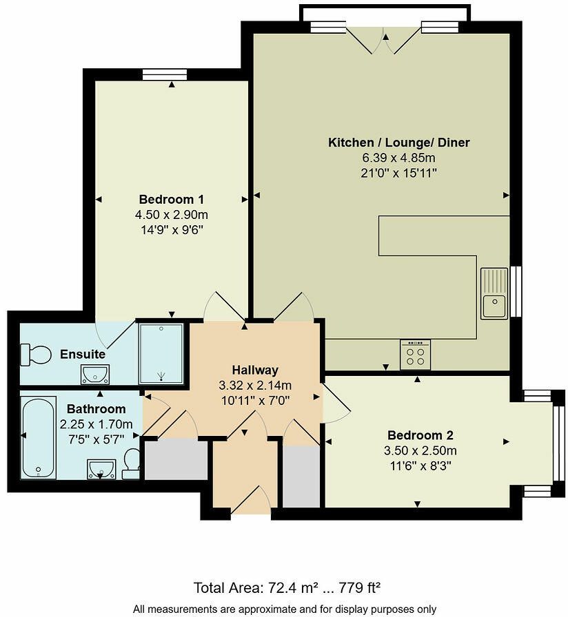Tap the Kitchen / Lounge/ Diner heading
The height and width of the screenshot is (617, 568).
398,143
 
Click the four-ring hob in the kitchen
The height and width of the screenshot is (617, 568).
415,355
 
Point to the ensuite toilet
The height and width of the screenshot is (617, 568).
37,355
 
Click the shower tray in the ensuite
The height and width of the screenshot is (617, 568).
161,353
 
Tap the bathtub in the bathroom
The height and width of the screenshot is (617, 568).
39,437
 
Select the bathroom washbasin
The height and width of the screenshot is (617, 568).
101,470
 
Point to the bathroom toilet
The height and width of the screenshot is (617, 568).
131,463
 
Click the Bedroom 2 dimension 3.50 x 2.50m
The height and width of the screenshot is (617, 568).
420,451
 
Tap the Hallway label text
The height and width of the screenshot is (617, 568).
254,370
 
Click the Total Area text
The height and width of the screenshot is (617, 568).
287,588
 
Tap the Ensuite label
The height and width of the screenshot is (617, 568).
83,355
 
